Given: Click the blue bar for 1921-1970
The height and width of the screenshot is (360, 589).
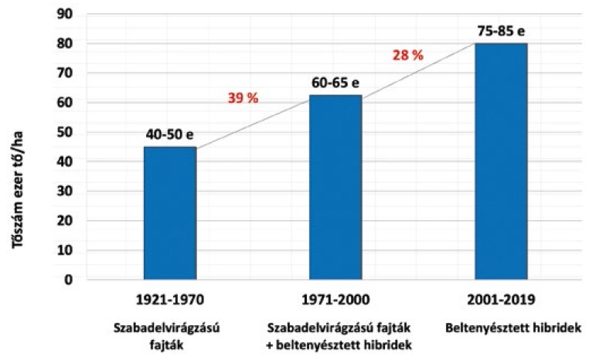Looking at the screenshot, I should (170, 212).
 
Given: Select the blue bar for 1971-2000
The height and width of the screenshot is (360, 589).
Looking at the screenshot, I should (335, 186).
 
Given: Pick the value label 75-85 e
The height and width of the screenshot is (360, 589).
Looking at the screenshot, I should (501, 32).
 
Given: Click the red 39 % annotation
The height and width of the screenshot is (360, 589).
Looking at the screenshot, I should (243, 98).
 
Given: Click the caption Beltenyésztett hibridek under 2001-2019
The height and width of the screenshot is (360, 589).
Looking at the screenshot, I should (501, 328).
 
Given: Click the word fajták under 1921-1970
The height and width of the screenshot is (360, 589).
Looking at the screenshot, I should (170, 343).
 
